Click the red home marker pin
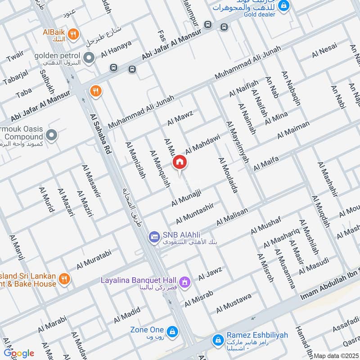pos(180,162)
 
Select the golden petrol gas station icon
pos(90,58)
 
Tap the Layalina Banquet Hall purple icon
pos(184,282)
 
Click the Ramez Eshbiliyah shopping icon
pos(218,338)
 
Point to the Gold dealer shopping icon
pos(283,5)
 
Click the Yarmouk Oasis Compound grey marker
pos(52,135)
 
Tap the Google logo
pos(19,353)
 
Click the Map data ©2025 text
pos(335,355)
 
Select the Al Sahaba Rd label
pos(101,135)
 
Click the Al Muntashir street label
pos(194,213)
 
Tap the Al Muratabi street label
pos(94,260)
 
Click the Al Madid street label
pos(127,315)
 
